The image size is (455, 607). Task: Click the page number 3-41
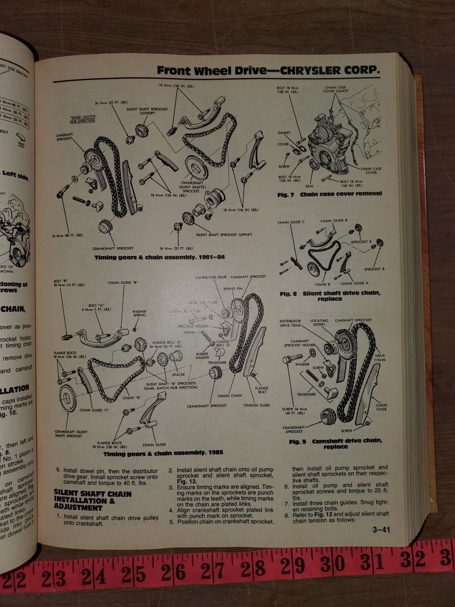(x=381, y=530)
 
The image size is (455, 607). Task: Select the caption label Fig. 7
(x=286, y=195)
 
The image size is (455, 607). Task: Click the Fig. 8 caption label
(x=288, y=294)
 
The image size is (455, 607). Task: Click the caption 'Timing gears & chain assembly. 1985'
(x=163, y=453)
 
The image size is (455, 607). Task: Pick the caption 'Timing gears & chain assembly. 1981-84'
(x=159, y=257)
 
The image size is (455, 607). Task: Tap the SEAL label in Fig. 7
(x=309, y=186)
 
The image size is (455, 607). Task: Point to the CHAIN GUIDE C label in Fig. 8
(x=291, y=222)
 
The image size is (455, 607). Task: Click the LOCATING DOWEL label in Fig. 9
(x=319, y=322)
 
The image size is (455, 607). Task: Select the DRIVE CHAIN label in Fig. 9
(x=380, y=357)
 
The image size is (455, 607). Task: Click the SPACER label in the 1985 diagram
(x=178, y=374)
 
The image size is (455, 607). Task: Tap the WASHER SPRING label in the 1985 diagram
(x=139, y=313)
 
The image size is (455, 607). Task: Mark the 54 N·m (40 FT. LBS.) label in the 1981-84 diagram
(x=68, y=235)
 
